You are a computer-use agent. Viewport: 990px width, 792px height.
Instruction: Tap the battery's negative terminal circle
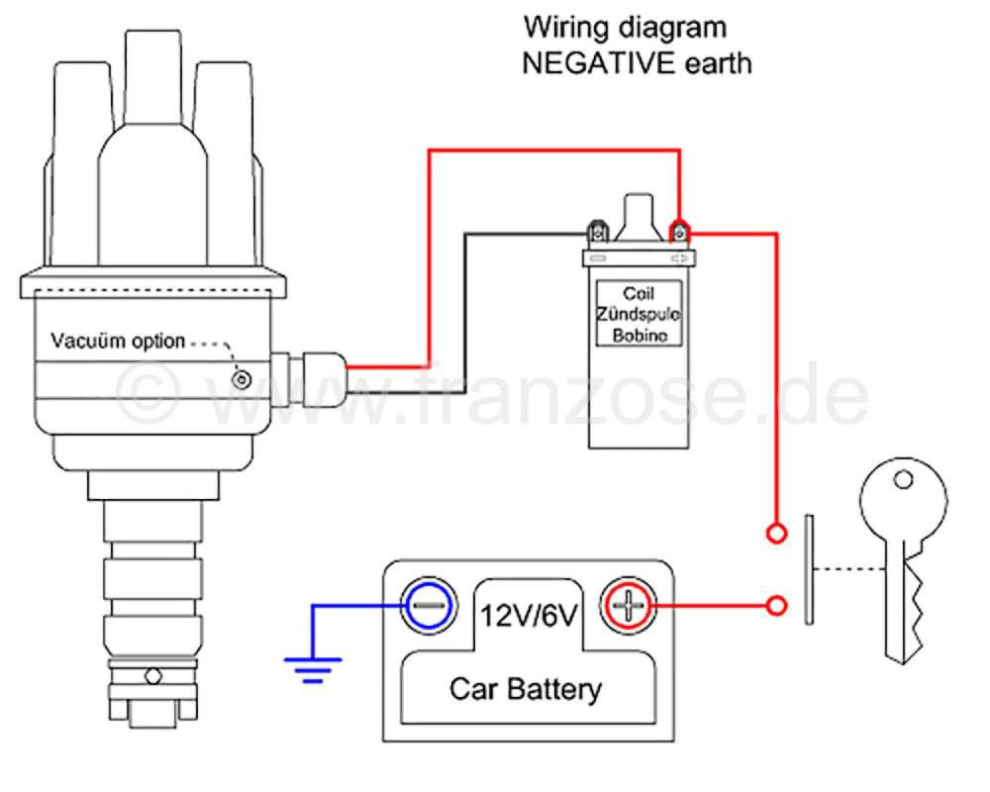pos(430,606)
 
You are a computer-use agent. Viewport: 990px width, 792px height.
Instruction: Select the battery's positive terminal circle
pos(629,606)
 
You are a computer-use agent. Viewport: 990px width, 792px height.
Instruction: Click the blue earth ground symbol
pos(313,669)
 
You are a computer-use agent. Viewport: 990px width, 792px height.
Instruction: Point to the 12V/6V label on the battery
pos(529,615)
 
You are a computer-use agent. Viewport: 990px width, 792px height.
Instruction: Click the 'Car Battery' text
pos(526,689)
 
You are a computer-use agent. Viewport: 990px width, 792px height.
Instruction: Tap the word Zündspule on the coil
pos(639,314)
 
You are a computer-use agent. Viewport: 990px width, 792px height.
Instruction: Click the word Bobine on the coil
pos(640,335)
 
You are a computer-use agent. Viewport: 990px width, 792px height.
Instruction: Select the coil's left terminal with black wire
pos(598,232)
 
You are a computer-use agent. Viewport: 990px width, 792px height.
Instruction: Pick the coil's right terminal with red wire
pos(679,232)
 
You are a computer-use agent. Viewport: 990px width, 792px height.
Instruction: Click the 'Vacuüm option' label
pos(118,341)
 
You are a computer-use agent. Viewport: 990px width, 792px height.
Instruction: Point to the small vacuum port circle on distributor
pos(242,379)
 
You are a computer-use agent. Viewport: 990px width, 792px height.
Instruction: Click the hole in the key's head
pos(904,480)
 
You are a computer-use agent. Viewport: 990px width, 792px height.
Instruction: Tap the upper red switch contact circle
pos(776,534)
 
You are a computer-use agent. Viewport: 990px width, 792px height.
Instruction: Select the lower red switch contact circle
pos(776,606)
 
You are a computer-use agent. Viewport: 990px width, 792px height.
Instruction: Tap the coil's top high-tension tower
pos(639,217)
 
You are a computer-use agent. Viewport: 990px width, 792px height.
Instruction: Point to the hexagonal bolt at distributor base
pos(152,676)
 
